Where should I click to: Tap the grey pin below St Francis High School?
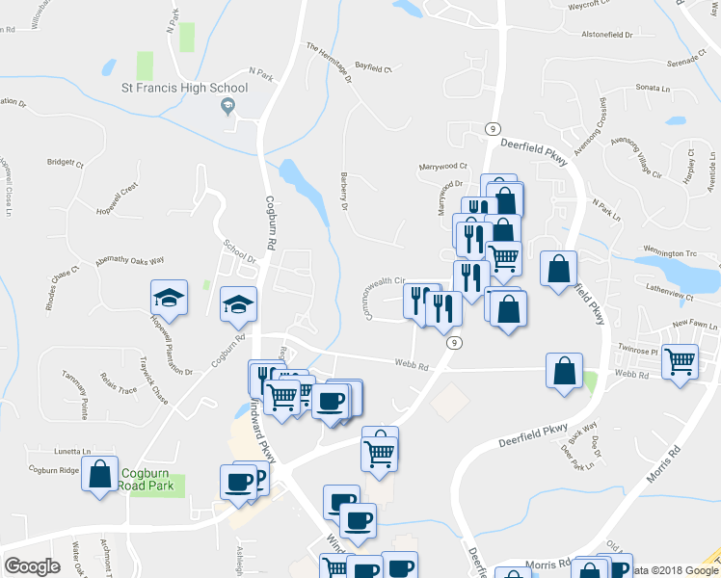click(228, 108)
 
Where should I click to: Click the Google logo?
click(33, 565)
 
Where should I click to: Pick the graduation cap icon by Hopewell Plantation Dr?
click(169, 299)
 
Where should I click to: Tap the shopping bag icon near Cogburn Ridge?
click(99, 474)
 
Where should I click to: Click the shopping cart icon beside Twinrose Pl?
click(681, 362)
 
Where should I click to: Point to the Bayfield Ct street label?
click(375, 69)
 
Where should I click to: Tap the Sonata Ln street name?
click(654, 88)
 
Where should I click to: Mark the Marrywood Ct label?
click(442, 166)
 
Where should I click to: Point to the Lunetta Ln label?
click(72, 450)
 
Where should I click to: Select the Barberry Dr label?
click(342, 188)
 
